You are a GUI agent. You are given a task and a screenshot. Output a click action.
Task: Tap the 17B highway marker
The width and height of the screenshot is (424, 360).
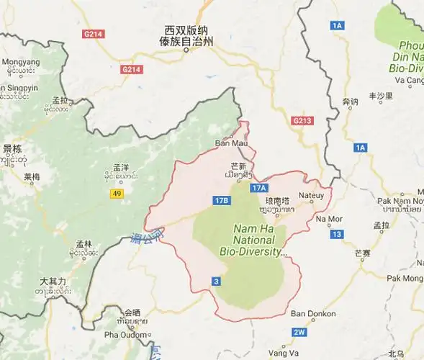coord(222,199)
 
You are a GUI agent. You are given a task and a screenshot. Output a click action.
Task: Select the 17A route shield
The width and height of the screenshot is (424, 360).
coord(259,187)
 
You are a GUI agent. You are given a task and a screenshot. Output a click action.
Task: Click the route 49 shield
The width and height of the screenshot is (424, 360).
coord(117,194)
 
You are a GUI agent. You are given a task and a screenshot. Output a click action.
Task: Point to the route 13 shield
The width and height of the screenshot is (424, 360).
coord(337,234)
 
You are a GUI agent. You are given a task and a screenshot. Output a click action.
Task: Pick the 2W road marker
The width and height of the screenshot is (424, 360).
coord(299,332)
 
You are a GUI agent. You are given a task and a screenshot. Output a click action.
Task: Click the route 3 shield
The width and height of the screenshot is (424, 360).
coord(215,280)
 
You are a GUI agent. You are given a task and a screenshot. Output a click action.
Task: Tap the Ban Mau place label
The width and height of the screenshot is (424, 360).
coord(230,143)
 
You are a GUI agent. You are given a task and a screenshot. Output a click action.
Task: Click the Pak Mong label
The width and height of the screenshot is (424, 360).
coord(405,277)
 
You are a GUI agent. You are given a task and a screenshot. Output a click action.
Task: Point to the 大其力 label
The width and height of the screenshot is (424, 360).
coord(53,281)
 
